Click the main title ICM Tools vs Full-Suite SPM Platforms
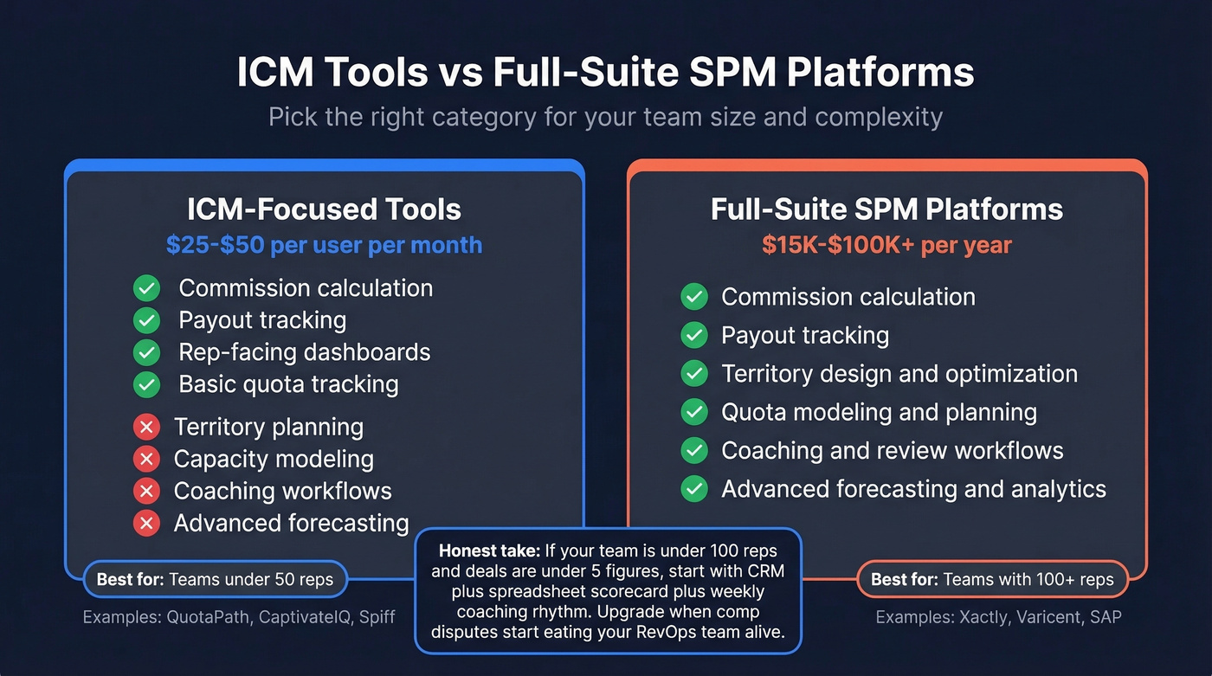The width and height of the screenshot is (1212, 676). (605, 74)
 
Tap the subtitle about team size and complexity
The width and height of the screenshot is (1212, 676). (605, 117)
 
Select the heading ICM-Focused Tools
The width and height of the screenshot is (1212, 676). (324, 209)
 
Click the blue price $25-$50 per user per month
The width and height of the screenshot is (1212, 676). (324, 245)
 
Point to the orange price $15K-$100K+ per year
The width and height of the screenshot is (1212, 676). (886, 245)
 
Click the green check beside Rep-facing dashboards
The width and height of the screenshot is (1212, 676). (146, 352)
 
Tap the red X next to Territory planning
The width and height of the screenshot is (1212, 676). (146, 428)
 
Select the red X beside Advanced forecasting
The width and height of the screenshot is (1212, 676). (146, 524)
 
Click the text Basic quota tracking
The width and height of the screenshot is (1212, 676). (288, 384)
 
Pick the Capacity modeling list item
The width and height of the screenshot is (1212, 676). (274, 460)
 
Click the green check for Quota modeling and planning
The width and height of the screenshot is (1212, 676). (693, 412)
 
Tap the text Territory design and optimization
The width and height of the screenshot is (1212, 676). (899, 374)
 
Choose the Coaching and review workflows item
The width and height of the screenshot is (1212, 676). (892, 450)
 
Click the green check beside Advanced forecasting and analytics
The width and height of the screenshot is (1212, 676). (693, 489)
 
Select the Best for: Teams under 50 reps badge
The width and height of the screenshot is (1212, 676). (215, 580)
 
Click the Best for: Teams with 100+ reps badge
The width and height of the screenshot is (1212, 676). (992, 580)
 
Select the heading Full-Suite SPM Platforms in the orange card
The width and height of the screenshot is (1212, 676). (886, 209)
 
